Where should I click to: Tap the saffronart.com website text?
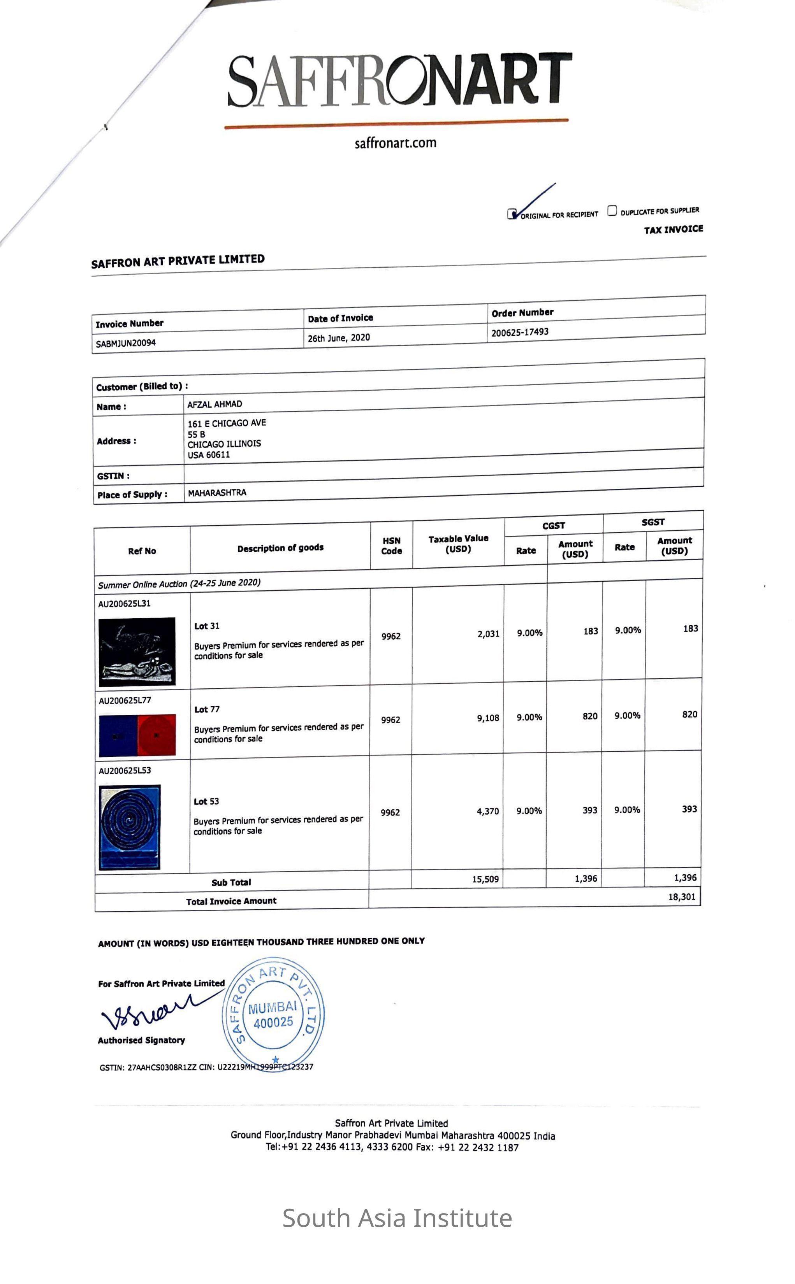pos(396,143)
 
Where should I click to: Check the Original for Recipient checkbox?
pos(512,214)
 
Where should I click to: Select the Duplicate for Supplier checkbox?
pos(612,210)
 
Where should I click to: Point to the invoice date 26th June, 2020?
pos(339,338)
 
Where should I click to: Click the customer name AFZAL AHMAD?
pos(215,404)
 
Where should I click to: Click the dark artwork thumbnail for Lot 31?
pos(137,651)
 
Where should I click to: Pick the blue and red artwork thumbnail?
pos(137,735)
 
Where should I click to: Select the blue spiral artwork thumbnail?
pos(129,827)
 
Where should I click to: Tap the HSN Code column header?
pos(391,546)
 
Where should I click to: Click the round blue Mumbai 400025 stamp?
pos(273,1014)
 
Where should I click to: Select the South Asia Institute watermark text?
pos(397,1218)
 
